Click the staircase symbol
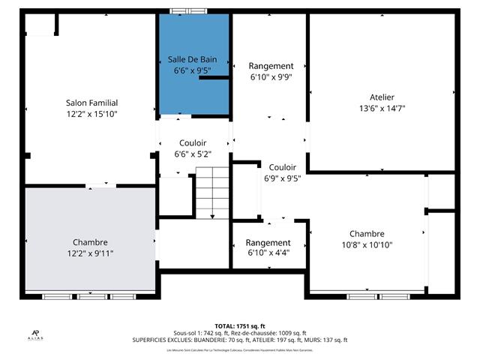click(x=213, y=193)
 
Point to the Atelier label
click(x=382, y=97)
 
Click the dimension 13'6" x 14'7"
click(x=382, y=108)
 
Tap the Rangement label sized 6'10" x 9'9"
click(x=271, y=66)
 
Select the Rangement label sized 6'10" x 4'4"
click(x=268, y=242)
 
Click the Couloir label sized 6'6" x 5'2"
click(x=193, y=143)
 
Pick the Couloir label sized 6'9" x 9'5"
click(x=282, y=167)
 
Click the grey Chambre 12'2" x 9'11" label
click(x=90, y=242)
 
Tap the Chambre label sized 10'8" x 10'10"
click(x=367, y=233)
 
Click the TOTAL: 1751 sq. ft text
click(x=239, y=317)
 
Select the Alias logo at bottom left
click(x=35, y=334)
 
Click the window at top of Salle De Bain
click(x=188, y=10)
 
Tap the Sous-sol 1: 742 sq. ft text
click(x=196, y=333)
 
